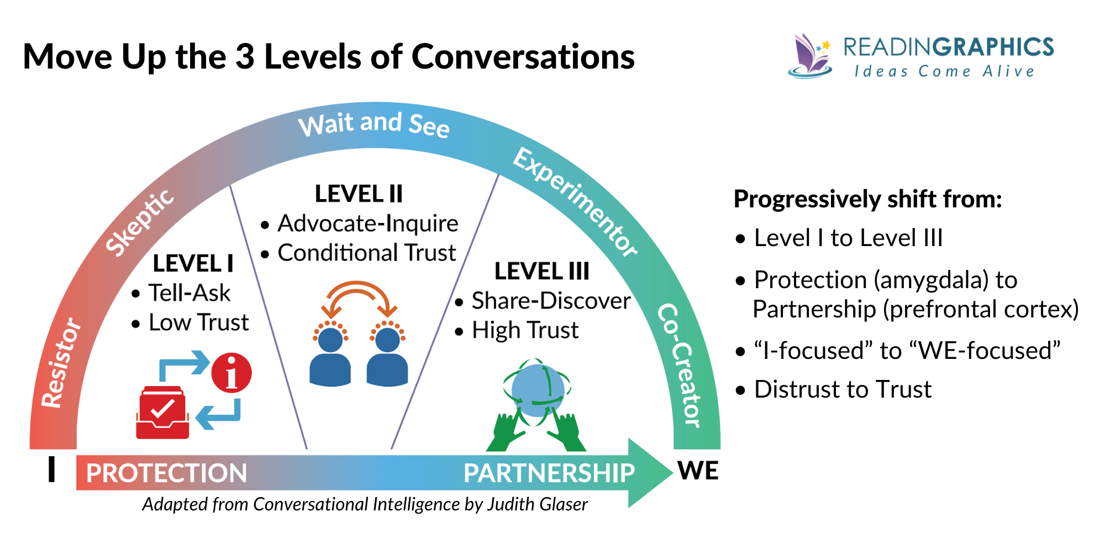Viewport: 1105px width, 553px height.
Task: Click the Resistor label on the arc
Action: coord(61,363)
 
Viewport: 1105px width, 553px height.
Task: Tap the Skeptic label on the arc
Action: coord(140,223)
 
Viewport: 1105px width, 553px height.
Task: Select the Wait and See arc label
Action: coord(373,124)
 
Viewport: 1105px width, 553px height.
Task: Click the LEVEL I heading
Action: coord(193,264)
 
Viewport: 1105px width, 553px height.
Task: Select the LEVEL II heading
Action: coord(359,194)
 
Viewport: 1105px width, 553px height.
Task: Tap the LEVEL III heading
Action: coord(541,272)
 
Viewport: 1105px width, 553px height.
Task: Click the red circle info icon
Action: coord(231,373)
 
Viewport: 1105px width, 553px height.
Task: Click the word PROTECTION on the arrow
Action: coord(166,473)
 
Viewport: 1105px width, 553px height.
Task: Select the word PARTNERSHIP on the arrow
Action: coord(549,473)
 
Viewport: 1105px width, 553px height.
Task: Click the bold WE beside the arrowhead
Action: coord(698,471)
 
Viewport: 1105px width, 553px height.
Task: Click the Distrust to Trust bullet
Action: coord(842,389)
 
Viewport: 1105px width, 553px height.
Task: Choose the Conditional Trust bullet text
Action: coord(366,253)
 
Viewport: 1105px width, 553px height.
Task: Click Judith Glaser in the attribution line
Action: coord(537,504)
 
